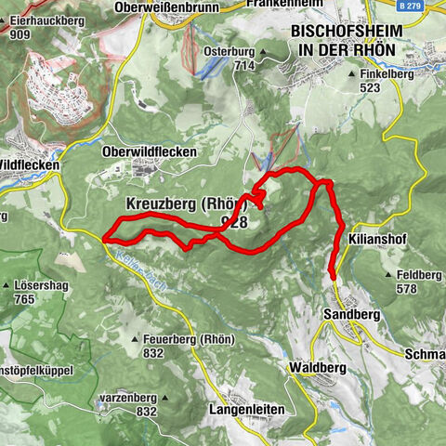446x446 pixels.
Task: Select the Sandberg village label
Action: [x=350, y=315]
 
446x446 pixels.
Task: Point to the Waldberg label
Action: [x=317, y=367]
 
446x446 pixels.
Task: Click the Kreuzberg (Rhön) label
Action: [x=182, y=204]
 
